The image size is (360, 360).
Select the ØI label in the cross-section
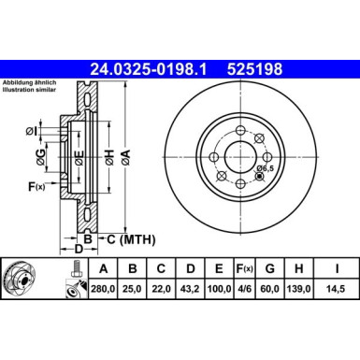click(x=31, y=130)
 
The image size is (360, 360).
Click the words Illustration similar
click(x=36, y=92)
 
